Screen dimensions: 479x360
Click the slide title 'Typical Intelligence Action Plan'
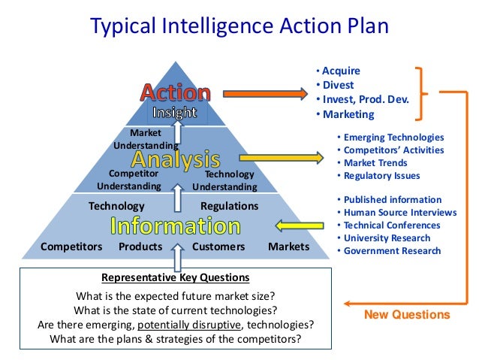click(x=239, y=27)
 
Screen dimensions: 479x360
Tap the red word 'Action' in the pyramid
click(x=175, y=93)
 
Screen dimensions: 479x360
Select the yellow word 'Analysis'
click(x=176, y=159)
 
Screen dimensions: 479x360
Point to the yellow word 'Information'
click(x=176, y=225)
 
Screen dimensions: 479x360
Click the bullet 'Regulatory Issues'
click(x=382, y=176)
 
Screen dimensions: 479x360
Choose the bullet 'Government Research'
click(x=392, y=251)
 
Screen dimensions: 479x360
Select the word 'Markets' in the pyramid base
click(x=288, y=247)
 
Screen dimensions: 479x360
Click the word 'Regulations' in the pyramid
click(x=229, y=206)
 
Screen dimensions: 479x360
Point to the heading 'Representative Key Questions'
click(x=176, y=277)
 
